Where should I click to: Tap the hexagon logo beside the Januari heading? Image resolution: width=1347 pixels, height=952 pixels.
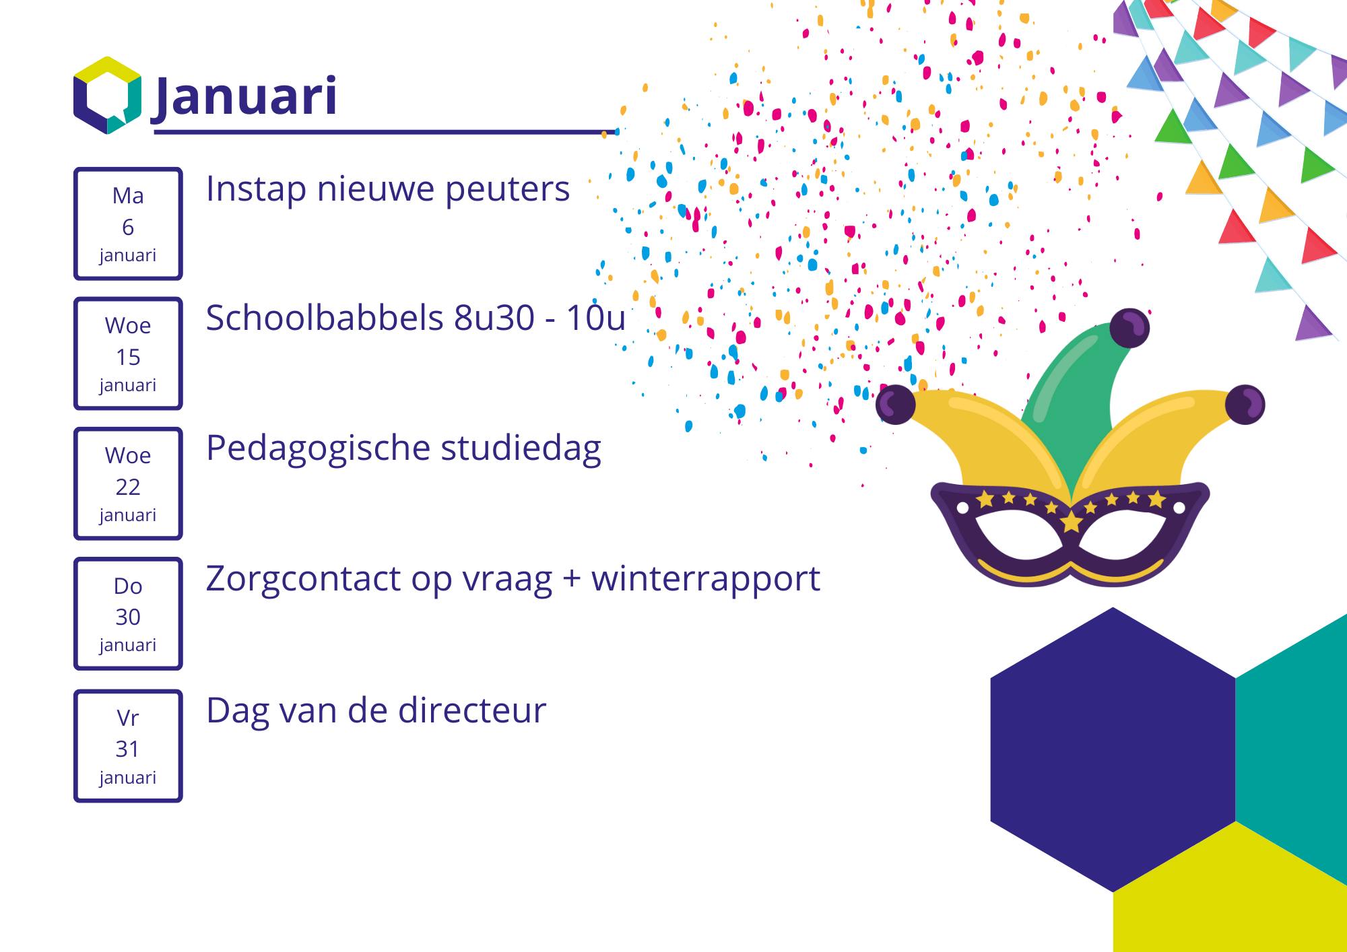tap(108, 96)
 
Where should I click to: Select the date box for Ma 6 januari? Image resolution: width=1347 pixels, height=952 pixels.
tap(128, 224)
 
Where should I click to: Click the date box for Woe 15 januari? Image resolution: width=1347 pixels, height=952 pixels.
tap(128, 353)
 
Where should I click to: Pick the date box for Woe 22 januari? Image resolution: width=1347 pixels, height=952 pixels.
tap(128, 483)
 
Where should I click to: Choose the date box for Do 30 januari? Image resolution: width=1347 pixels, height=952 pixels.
tap(128, 613)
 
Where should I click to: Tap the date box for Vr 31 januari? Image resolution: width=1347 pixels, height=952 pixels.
tap(128, 746)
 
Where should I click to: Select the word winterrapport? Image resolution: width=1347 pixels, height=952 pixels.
tap(706, 580)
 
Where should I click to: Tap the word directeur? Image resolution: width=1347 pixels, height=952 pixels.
tap(471, 710)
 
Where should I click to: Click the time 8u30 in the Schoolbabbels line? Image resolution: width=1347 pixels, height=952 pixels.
tap(494, 318)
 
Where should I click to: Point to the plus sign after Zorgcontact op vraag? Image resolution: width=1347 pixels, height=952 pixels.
tap(572, 579)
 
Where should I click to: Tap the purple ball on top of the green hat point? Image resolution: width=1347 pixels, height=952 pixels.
tap(1129, 328)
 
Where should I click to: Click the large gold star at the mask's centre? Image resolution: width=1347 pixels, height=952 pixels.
tap(1071, 521)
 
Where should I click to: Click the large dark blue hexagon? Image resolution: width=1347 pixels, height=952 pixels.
tap(1113, 749)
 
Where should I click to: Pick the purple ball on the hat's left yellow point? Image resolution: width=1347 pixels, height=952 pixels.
tap(896, 405)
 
